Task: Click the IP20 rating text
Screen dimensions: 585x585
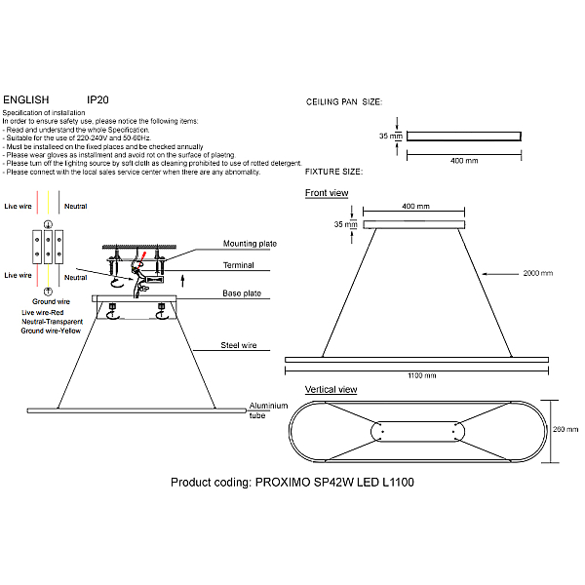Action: point(97,100)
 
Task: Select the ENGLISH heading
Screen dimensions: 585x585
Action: point(26,100)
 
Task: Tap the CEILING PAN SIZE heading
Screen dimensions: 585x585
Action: point(344,101)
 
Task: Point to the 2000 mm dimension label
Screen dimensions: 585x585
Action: point(537,273)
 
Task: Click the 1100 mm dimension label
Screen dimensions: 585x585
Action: point(422,375)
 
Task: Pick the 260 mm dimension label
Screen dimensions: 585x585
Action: point(565,429)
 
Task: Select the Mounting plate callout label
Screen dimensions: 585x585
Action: point(250,244)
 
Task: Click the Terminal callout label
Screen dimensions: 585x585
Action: point(239,265)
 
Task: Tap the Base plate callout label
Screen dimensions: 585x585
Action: point(242,293)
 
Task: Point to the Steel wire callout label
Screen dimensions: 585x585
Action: point(239,345)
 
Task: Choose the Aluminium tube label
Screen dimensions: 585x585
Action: point(269,410)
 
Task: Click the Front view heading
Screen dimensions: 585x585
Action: point(327,193)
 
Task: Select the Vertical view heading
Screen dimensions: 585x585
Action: point(331,389)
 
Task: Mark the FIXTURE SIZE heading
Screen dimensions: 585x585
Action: point(333,172)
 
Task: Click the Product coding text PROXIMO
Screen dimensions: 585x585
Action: point(283,483)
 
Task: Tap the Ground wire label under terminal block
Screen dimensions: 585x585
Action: point(51,301)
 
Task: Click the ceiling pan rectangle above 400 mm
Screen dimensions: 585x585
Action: point(464,136)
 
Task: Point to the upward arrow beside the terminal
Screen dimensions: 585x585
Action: point(183,281)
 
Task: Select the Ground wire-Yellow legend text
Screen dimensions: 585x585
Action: point(51,331)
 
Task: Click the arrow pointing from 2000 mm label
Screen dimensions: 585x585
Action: point(500,274)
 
